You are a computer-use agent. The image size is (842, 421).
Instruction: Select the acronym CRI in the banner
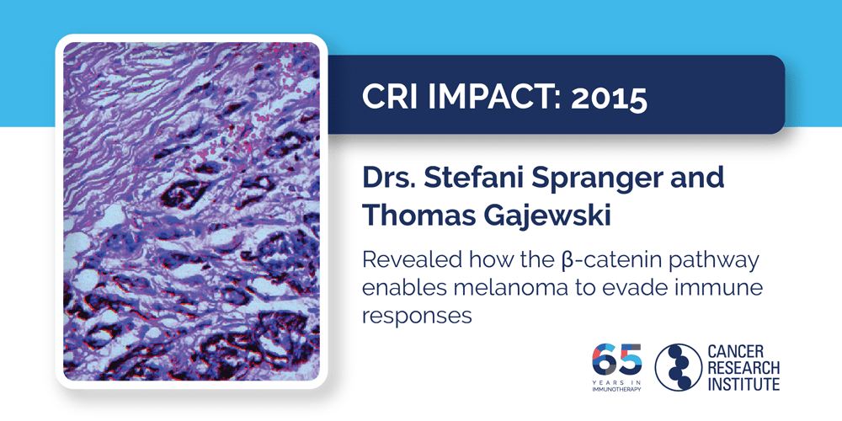tap(389, 99)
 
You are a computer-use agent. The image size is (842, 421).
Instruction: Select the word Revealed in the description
tap(405, 258)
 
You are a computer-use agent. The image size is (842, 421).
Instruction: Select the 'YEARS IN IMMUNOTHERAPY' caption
tap(618, 385)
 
